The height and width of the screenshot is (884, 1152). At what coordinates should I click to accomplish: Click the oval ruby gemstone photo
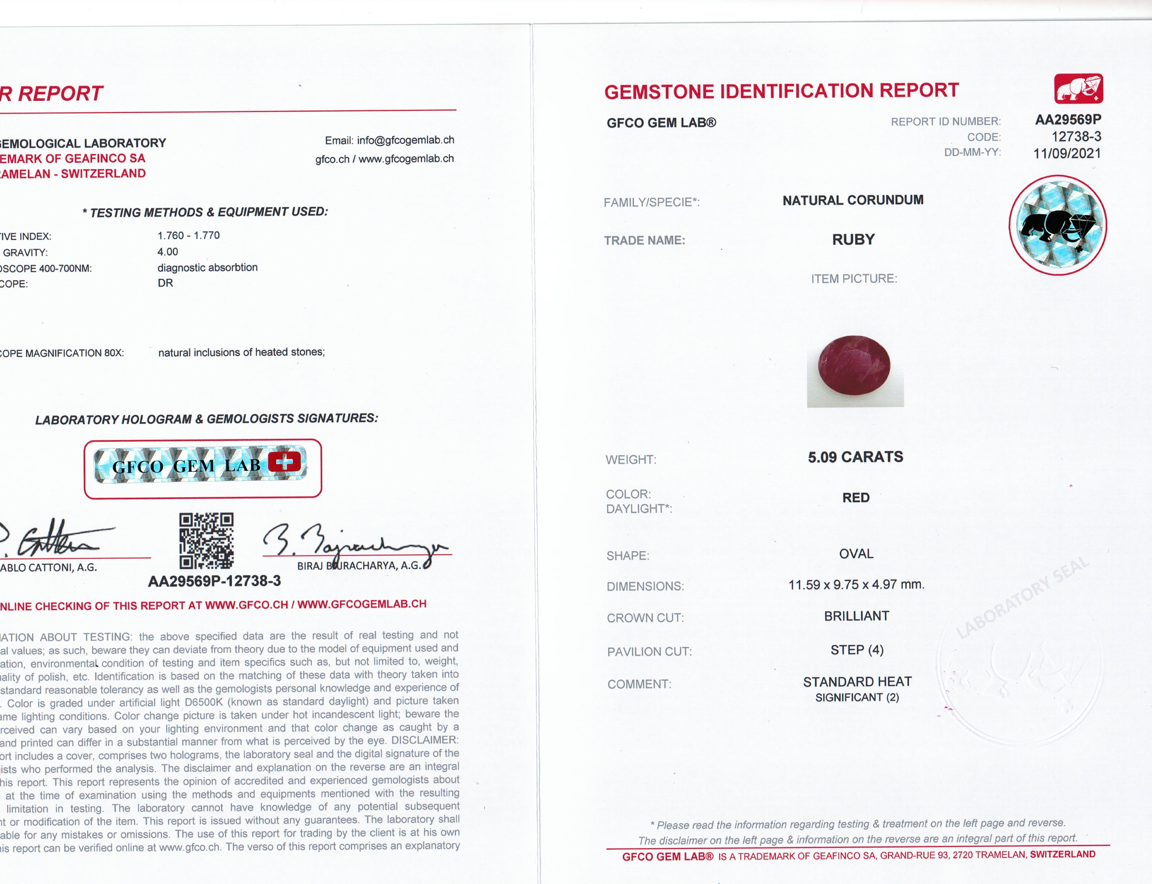coord(854,365)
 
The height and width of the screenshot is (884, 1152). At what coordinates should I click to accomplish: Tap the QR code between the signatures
coord(206,541)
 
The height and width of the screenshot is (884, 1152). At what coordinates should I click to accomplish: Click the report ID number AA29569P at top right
coord(1068,120)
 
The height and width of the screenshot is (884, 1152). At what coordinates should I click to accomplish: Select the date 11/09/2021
coord(1067,154)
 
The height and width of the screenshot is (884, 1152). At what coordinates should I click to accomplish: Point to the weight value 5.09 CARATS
coord(856,457)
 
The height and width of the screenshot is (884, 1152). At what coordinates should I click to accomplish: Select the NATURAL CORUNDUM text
coord(853,201)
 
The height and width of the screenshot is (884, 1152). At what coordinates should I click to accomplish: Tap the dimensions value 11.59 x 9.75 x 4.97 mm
coord(856,585)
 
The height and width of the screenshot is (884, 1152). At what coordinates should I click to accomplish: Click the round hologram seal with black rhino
coord(1058,225)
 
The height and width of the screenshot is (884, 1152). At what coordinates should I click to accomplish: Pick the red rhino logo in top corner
coord(1078,88)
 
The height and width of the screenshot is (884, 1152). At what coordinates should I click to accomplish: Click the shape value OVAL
coord(856,554)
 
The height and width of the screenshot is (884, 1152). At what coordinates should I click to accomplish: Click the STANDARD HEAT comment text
coord(857,682)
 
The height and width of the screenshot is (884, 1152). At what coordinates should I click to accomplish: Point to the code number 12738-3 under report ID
coord(1076,137)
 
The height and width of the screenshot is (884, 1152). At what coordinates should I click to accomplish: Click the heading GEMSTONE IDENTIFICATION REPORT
coord(781,91)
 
